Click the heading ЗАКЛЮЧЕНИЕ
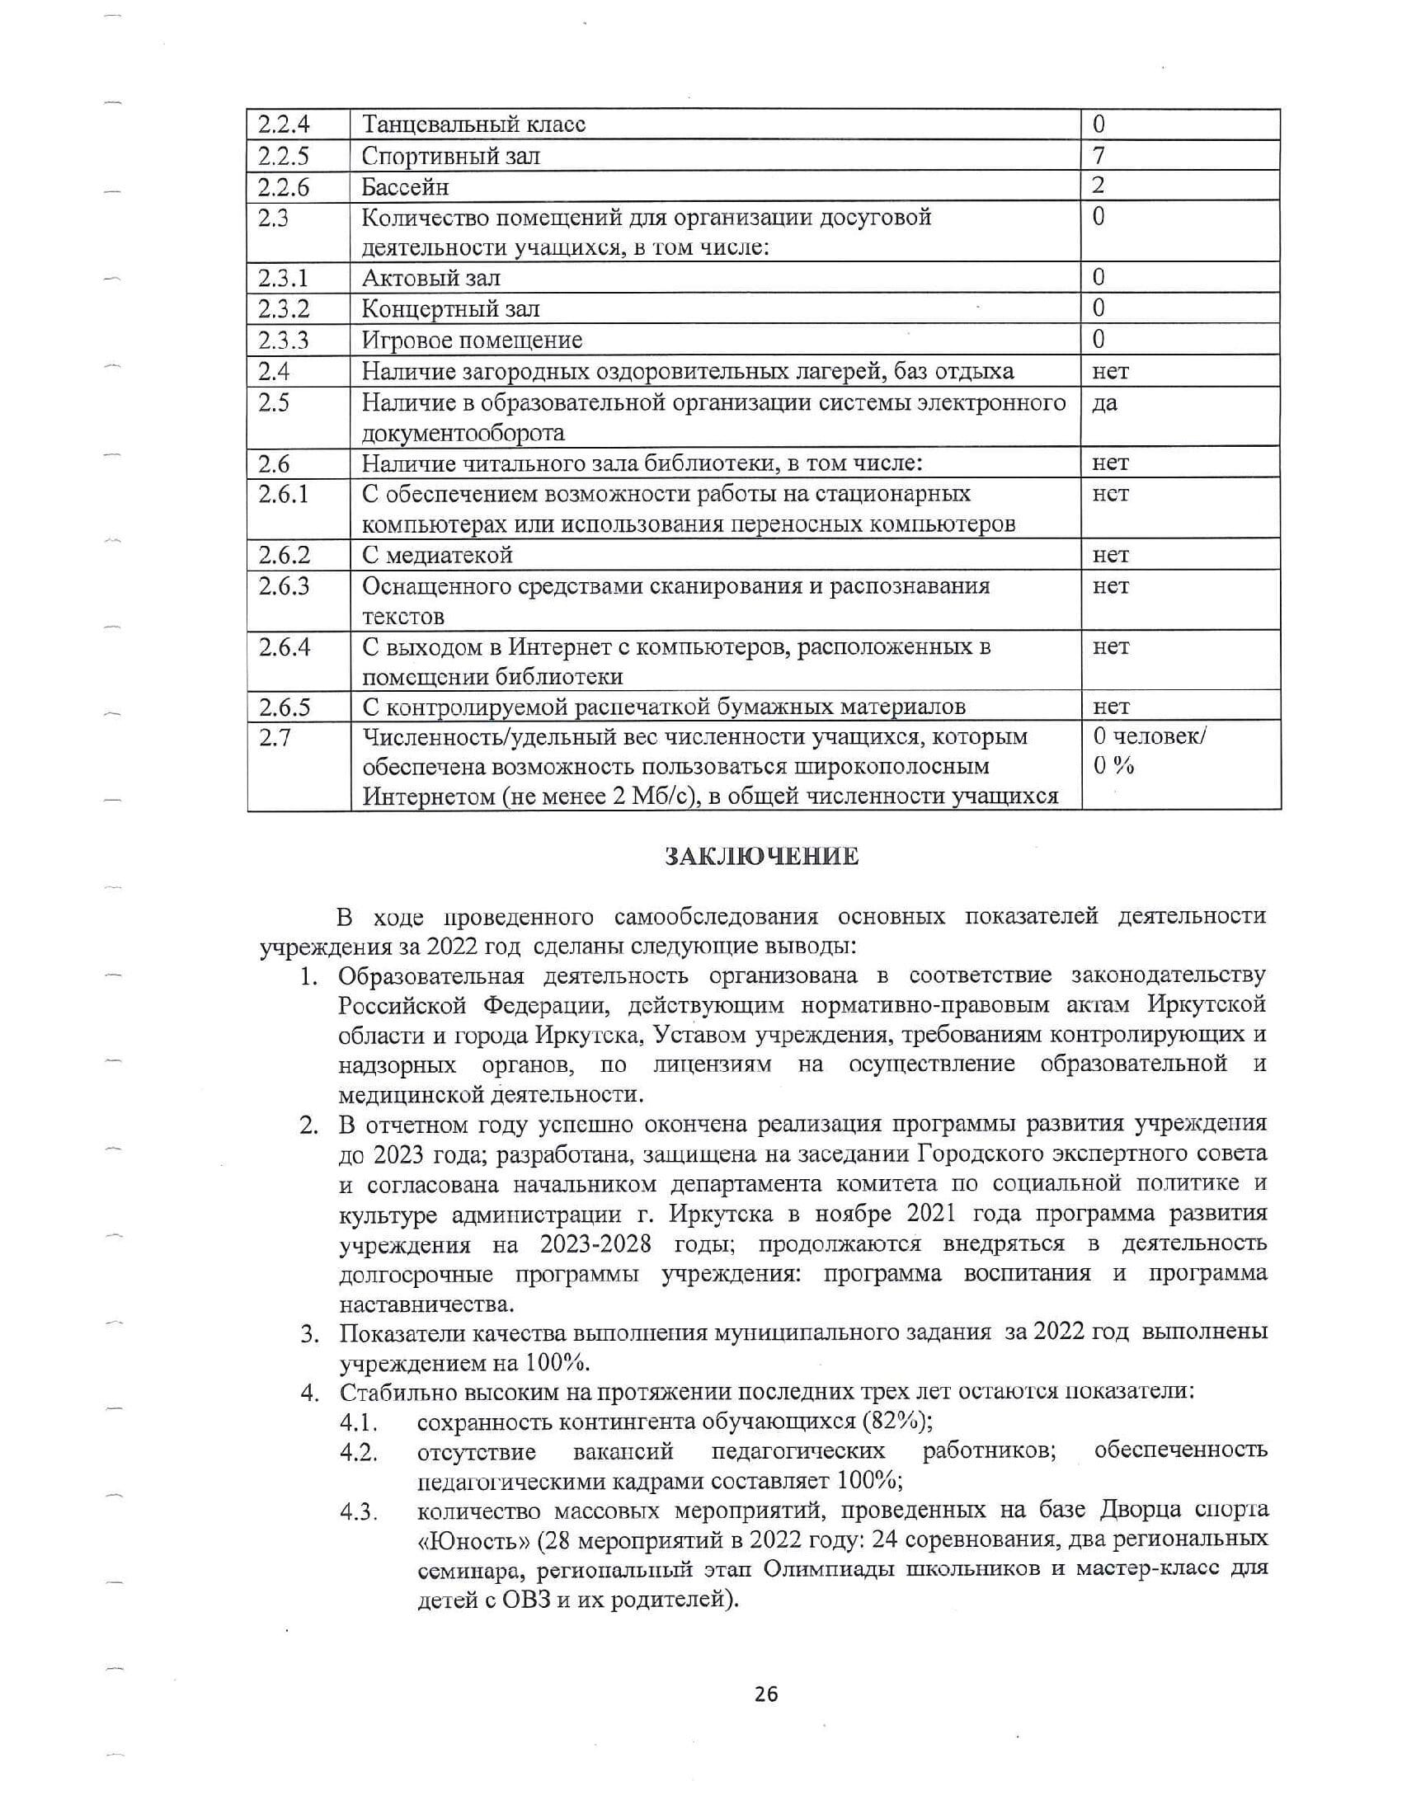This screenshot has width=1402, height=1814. pyautogui.click(x=762, y=857)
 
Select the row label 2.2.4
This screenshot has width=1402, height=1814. pyautogui.click(x=283, y=125)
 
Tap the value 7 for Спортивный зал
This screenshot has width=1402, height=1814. pyautogui.click(x=1099, y=155)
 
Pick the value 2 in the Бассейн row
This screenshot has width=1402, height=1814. pyautogui.click(x=1099, y=186)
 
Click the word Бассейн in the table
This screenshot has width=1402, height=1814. pyautogui.click(x=405, y=187)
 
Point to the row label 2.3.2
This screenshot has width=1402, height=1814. pyautogui.click(x=283, y=309)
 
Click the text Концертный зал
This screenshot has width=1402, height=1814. pyautogui.click(x=451, y=309)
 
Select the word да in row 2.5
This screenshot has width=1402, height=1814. pyautogui.click(x=1105, y=403)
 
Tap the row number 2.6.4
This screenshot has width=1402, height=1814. pyautogui.click(x=284, y=647)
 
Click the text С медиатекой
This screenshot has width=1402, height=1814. pyautogui.click(x=438, y=555)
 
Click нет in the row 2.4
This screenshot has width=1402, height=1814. pyautogui.click(x=1111, y=371)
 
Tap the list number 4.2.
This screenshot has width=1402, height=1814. pyautogui.click(x=359, y=1453)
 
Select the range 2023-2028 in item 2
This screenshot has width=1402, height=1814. pyautogui.click(x=595, y=1244)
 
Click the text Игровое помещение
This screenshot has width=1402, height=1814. pyautogui.click(x=473, y=341)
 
